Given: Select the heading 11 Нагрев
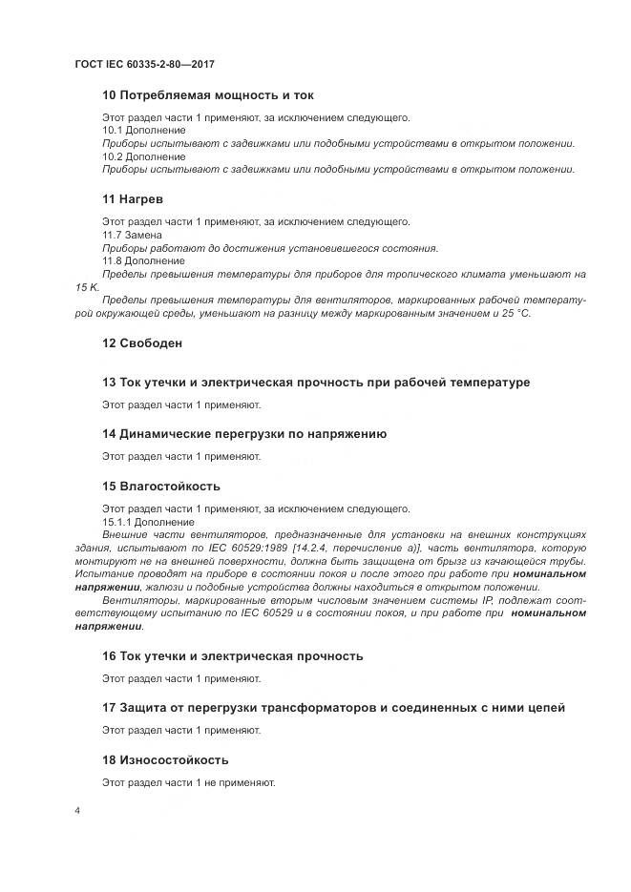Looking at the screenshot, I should (133, 199).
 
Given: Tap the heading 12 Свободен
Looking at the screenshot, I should (142, 342).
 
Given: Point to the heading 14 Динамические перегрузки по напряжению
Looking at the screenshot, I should (244, 434).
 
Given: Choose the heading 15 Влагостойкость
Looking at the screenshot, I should (161, 486).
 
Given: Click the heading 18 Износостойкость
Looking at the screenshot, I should (165, 759).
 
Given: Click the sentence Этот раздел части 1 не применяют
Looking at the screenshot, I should (189, 782).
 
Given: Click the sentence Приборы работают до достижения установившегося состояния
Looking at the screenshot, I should (270, 248).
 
